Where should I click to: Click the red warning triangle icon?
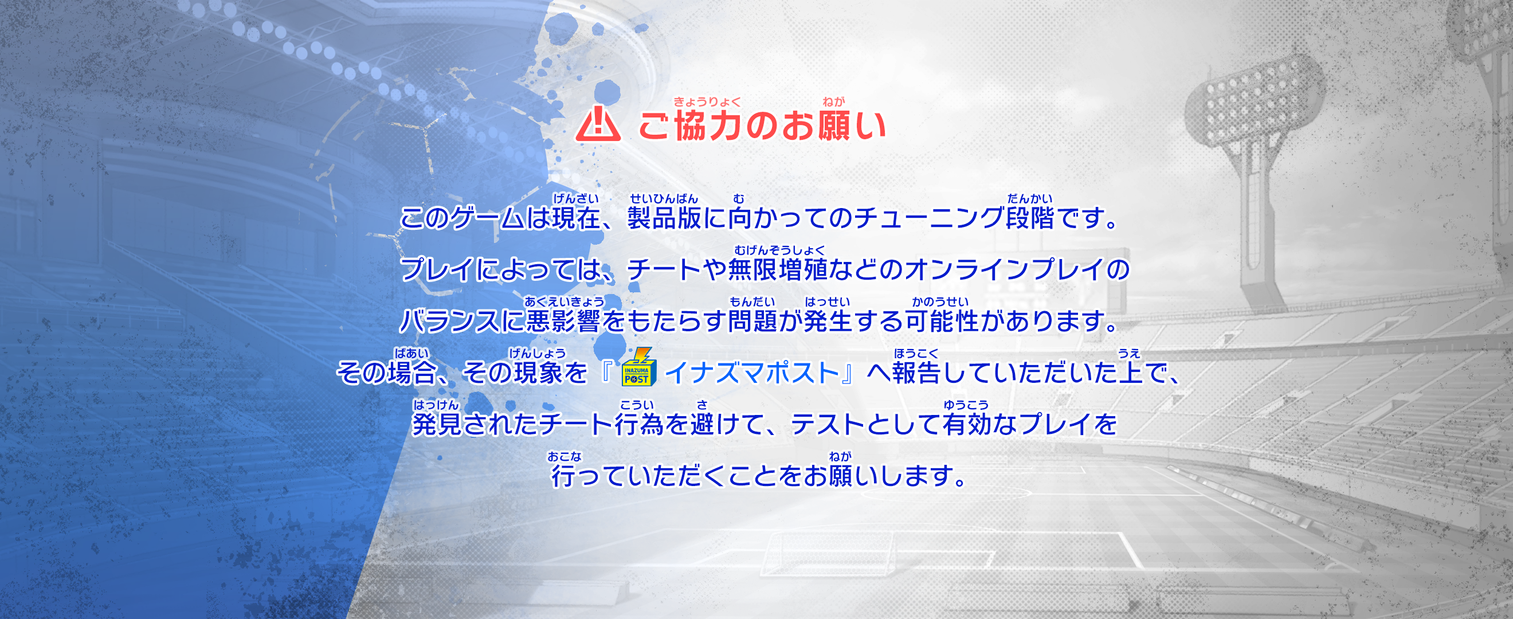(598, 124)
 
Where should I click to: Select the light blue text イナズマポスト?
(752, 373)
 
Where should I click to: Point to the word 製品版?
(664, 218)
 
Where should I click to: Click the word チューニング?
(928, 218)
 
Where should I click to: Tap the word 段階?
(1030, 218)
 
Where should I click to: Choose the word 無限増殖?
(778, 269)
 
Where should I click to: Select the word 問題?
(752, 321)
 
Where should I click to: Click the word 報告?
(916, 373)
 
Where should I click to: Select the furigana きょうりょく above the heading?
(707, 101)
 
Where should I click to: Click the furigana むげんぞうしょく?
(779, 251)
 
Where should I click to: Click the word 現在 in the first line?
(576, 218)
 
